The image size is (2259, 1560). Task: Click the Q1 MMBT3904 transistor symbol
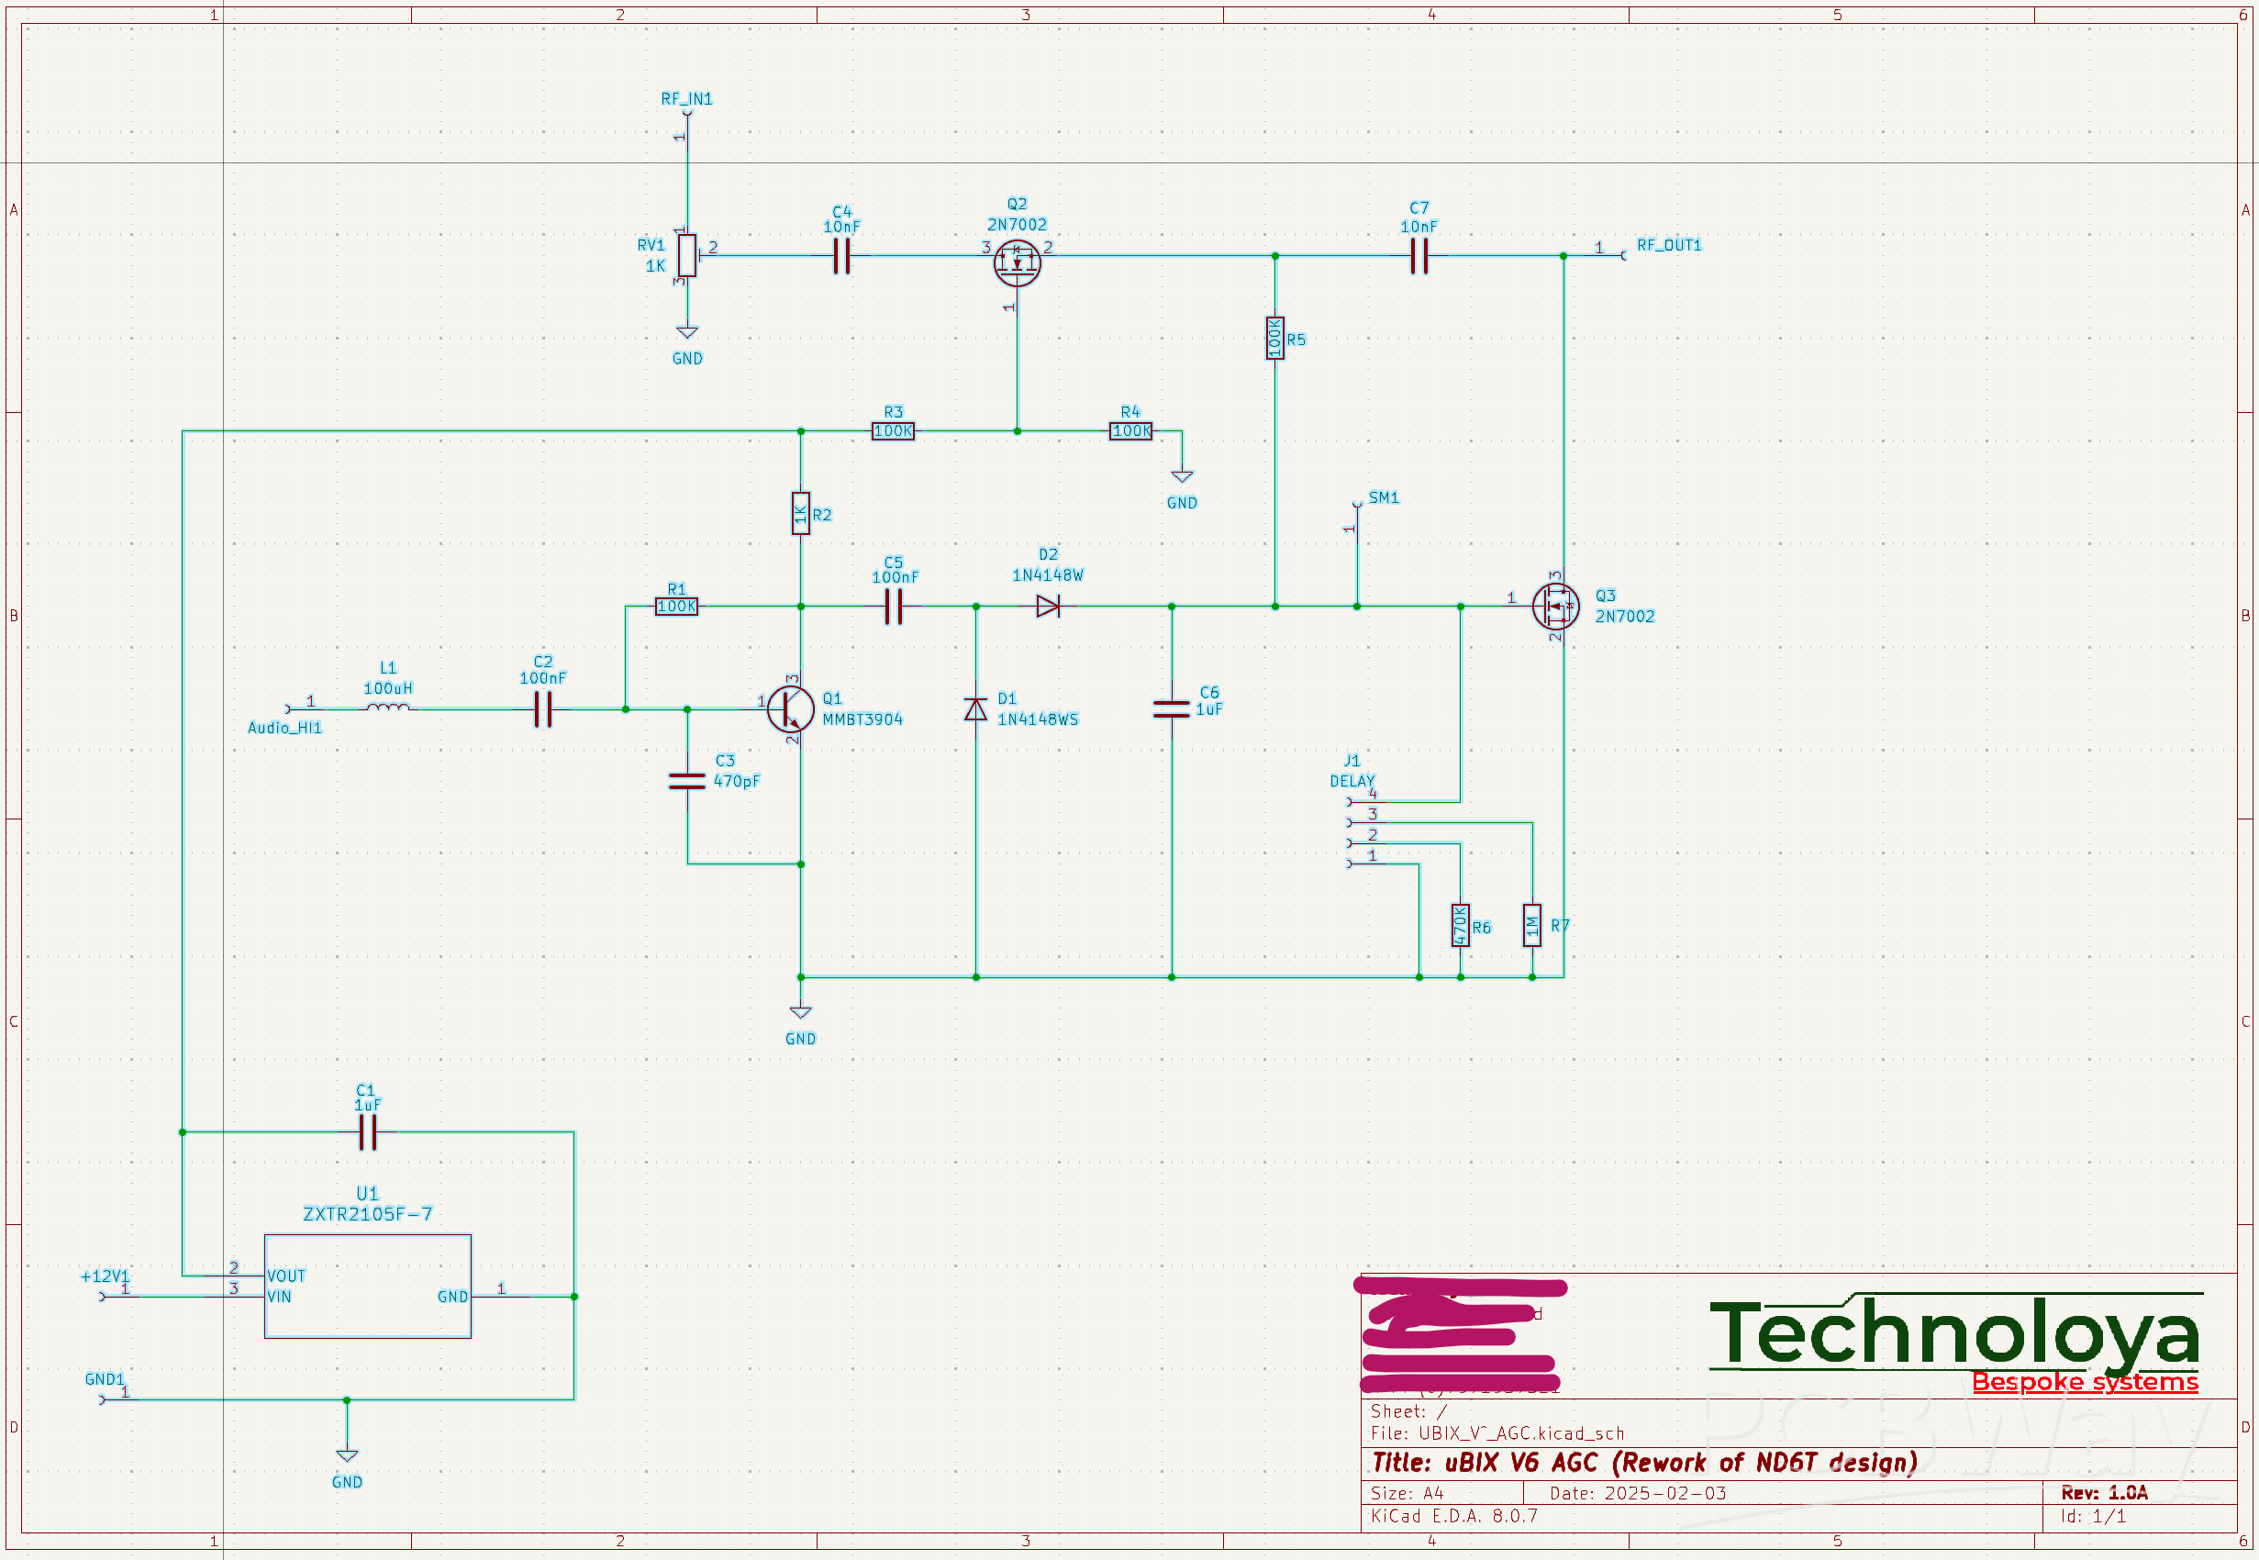790,709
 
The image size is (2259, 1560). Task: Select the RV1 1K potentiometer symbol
687,256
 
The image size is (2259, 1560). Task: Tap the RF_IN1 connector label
686,99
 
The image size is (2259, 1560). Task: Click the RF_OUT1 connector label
1669,245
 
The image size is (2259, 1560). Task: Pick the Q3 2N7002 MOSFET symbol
1554,607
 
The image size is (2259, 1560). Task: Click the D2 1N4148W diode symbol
1048,607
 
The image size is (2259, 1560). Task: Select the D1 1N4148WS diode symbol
975,709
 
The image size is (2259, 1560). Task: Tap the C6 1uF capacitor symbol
1172,709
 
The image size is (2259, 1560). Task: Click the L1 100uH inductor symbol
388,708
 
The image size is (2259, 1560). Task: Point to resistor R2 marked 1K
800,514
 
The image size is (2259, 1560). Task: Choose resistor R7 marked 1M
1532,926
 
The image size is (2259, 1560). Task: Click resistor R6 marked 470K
1460,926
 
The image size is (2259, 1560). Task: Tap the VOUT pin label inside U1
286,1276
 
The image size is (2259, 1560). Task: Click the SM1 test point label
1384,497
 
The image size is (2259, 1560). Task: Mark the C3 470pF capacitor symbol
687,781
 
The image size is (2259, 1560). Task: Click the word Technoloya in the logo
1954,1333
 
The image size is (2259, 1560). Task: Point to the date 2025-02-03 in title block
1665,1494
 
